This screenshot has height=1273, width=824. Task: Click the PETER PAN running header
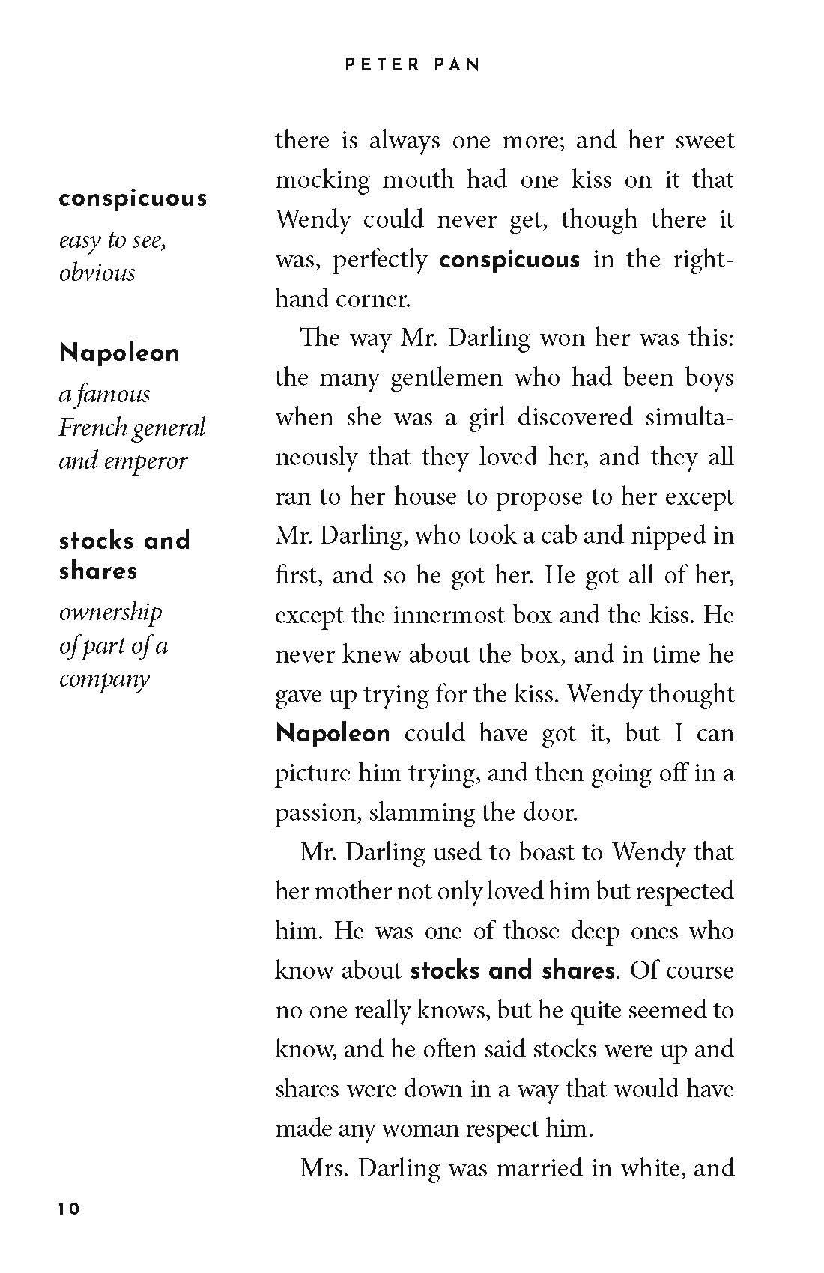pos(412,65)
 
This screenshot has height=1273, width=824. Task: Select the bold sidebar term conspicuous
pos(133,199)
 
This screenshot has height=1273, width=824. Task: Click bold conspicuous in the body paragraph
pos(509,260)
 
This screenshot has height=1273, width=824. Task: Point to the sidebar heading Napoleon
pos(119,353)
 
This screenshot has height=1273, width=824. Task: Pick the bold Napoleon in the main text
pos(333,733)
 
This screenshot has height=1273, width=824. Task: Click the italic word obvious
pos(97,273)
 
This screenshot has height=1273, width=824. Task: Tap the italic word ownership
pos(110,612)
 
